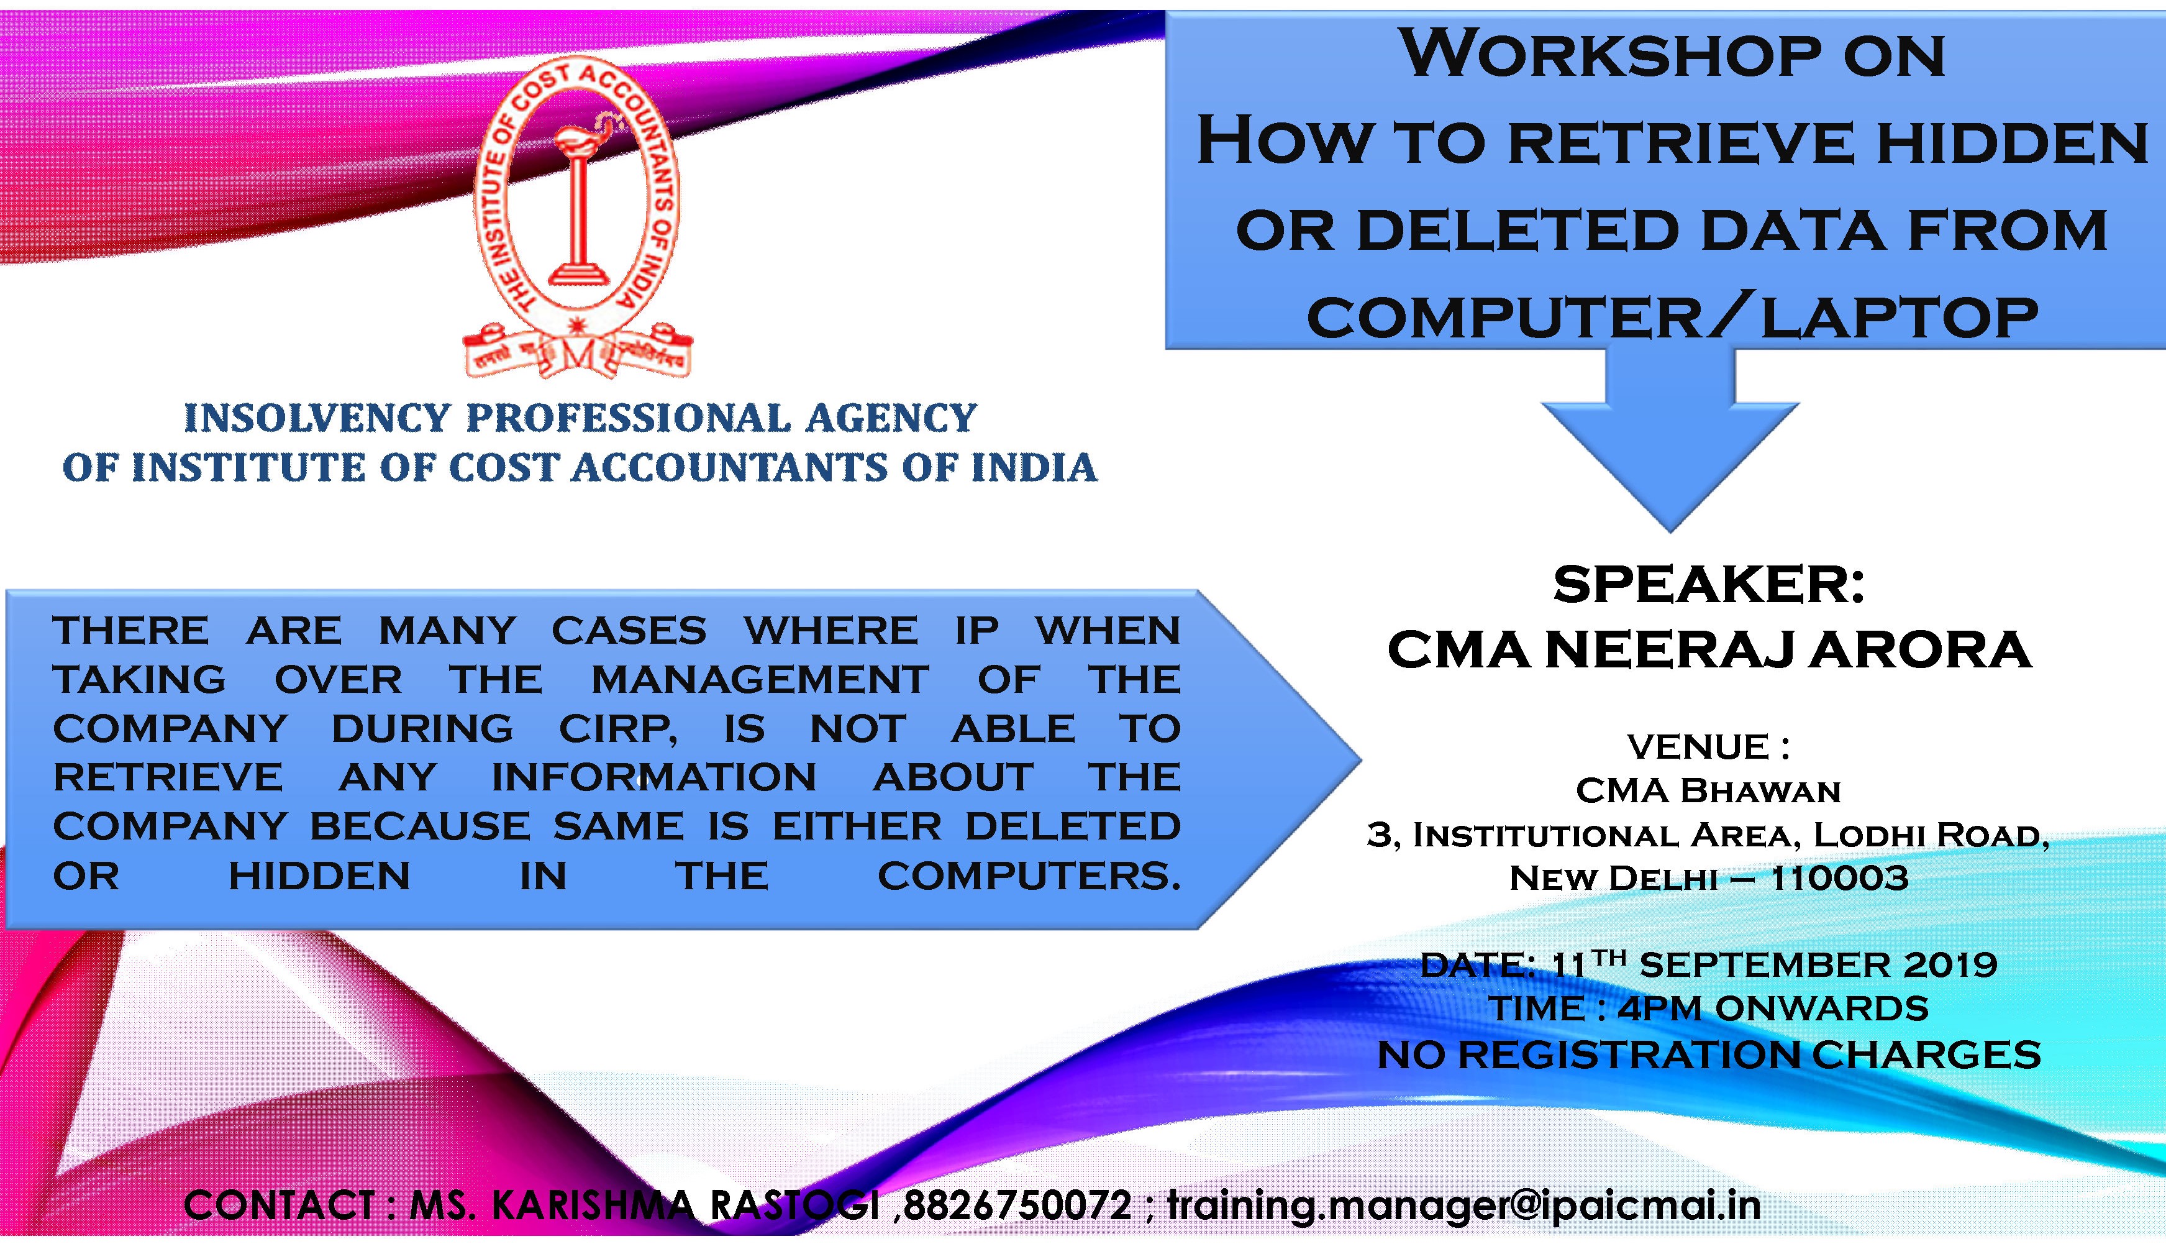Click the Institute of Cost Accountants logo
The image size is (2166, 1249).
[x=577, y=219]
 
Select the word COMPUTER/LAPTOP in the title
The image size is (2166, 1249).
[x=1672, y=318]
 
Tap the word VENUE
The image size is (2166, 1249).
[x=1698, y=747]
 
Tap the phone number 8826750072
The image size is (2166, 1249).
[x=1017, y=1206]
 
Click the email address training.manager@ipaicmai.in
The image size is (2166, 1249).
[x=1463, y=1206]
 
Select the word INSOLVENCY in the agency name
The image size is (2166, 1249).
[x=317, y=418]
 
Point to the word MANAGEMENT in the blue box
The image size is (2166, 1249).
[x=760, y=679]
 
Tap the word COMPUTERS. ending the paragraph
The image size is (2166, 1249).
[x=1029, y=876]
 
